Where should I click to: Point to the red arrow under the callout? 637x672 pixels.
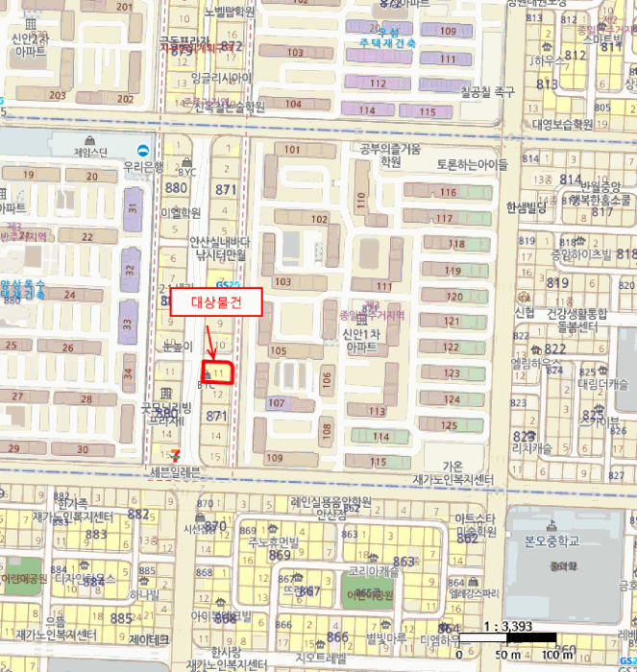click(210, 341)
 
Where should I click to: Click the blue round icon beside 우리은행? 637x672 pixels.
click(144, 150)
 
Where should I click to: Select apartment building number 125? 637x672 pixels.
click(449, 424)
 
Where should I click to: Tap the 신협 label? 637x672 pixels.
click(525, 312)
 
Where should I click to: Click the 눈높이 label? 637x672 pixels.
click(179, 346)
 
